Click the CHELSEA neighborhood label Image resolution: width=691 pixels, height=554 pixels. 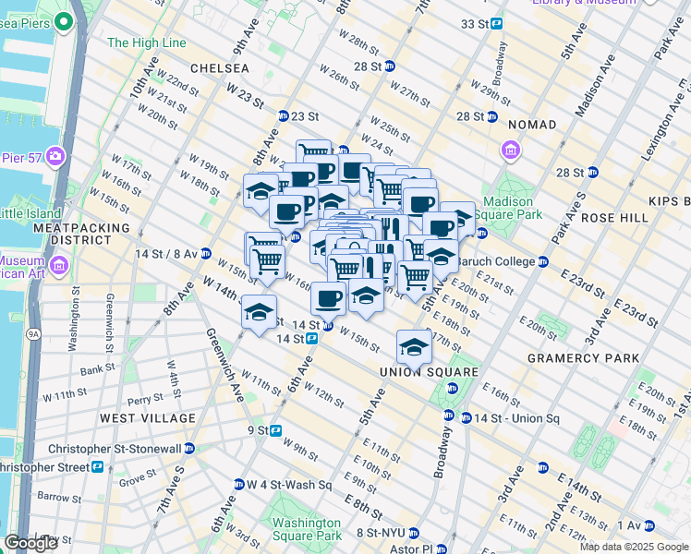[x=219, y=68]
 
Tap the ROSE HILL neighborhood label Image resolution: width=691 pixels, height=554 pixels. [x=614, y=217]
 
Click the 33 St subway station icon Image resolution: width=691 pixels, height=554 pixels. [x=496, y=23]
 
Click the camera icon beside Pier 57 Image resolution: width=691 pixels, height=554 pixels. [x=55, y=155]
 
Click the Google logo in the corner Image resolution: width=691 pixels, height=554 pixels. [x=30, y=543]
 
